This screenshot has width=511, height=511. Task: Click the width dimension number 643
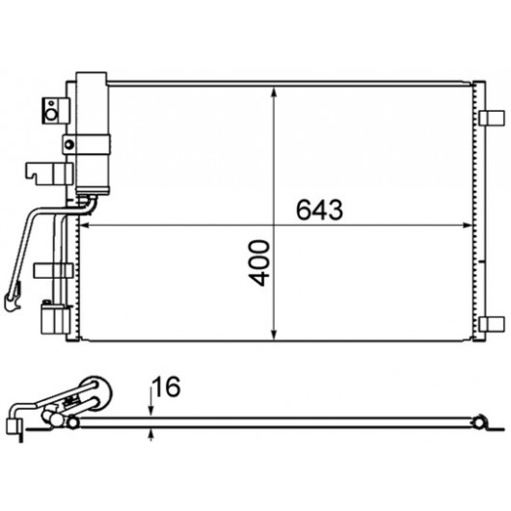pos(319,209)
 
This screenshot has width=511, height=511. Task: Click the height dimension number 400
pos(259,263)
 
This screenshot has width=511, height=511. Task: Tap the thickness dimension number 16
pos(167,387)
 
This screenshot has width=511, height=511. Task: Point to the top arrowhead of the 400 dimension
pos(274,93)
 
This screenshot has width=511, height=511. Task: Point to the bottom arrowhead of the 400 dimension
pos(274,335)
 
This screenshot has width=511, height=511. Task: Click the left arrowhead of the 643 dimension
pos(85,226)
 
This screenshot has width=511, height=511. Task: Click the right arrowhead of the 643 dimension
pos(468,226)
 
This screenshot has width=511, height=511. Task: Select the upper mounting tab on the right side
pos(492,118)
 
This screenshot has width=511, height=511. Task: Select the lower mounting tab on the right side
pos(492,324)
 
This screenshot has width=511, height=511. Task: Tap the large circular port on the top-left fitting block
pos(51,115)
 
